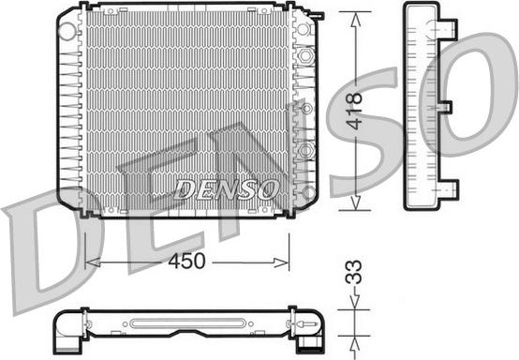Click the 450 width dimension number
tap(186, 261)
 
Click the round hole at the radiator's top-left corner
tap(67, 30)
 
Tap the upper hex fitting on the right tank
tap(305, 56)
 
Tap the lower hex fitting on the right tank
tap(305, 150)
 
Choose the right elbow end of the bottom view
tap(306, 327)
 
